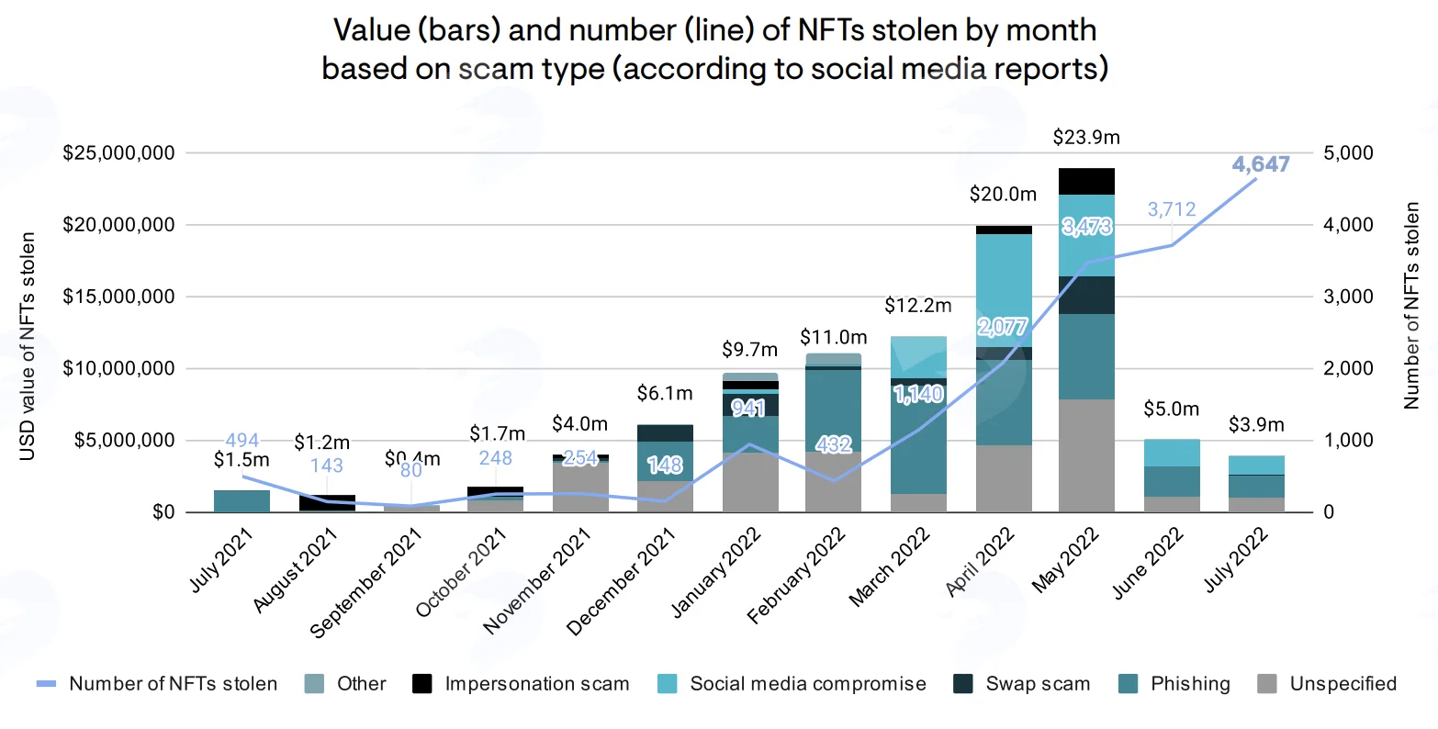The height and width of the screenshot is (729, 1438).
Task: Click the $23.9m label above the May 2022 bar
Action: click(x=1086, y=138)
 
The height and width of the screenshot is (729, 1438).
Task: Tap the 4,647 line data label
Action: click(x=1260, y=164)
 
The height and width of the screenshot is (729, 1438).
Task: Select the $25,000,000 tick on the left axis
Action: click(x=118, y=152)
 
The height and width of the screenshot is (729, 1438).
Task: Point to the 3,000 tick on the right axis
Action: click(x=1348, y=297)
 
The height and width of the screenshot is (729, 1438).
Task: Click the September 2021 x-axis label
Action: click(x=365, y=582)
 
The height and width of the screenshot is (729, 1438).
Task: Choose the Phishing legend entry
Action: click(x=1174, y=683)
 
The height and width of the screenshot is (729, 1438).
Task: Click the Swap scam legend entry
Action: click(x=1022, y=683)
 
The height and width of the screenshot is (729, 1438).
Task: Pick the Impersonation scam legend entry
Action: click(x=521, y=683)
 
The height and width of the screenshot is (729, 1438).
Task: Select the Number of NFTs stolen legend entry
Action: click(x=157, y=683)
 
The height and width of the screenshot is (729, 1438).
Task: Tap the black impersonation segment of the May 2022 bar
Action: click(x=1086, y=182)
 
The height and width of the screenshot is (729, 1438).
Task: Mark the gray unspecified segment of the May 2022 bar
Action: click(x=1086, y=455)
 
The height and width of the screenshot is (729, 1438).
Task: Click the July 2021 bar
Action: click(x=242, y=501)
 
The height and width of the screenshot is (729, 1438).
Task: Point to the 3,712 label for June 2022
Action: click(x=1172, y=209)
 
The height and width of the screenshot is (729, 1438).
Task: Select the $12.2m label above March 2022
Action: click(x=918, y=306)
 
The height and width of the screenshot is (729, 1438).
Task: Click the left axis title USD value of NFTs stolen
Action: click(x=27, y=346)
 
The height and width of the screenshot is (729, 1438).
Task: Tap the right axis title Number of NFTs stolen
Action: click(x=1411, y=306)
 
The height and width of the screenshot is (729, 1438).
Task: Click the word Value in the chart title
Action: click(x=372, y=30)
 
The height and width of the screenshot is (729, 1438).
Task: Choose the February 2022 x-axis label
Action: click(x=796, y=575)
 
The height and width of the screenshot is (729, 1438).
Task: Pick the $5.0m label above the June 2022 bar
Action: click(x=1172, y=409)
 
